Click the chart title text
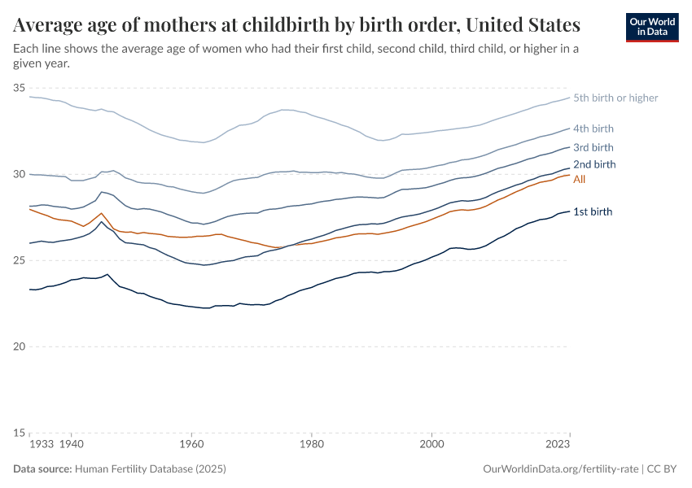pyautogui.click(x=296, y=24)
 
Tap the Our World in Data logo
pyautogui.click(x=651, y=27)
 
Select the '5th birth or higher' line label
pyautogui.click(x=615, y=98)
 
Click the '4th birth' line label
pyautogui.click(x=593, y=129)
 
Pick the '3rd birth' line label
pyautogui.click(x=593, y=147)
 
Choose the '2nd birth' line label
pyautogui.click(x=593, y=164)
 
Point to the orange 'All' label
pyautogui.click(x=580, y=179)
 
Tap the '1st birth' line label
pyautogui.click(x=592, y=211)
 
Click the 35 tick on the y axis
pyautogui.click(x=20, y=88)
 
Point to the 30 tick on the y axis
pyautogui.click(x=20, y=174)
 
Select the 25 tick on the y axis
pyautogui.click(x=20, y=260)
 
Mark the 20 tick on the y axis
pyautogui.click(x=20, y=346)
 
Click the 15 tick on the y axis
pyautogui.click(x=20, y=433)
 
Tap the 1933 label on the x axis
pyautogui.click(x=41, y=446)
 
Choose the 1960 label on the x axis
pyautogui.click(x=191, y=446)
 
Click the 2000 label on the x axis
pyautogui.click(x=431, y=446)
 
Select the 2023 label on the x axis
pyautogui.click(x=558, y=446)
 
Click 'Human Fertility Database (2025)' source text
pyautogui.click(x=150, y=469)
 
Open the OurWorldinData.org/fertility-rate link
pyautogui.click(x=560, y=469)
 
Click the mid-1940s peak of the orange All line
pyautogui.click(x=102, y=213)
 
